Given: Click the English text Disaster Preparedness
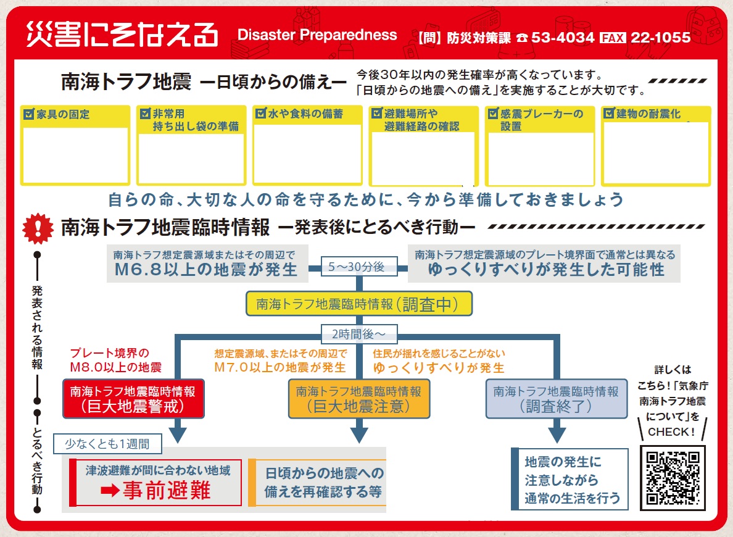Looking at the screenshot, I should (x=317, y=35).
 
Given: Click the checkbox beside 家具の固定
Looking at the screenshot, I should (x=28, y=114).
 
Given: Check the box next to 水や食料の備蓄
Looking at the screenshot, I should (x=261, y=114).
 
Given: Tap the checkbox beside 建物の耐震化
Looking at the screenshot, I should (x=610, y=114).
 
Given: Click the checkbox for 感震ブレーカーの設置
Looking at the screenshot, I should (x=493, y=114).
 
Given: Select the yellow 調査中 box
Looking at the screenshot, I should (x=359, y=304).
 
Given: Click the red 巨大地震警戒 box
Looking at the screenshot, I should (x=133, y=399).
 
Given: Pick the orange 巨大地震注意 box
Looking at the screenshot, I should (x=358, y=399).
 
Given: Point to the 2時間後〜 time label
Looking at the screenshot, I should (x=358, y=334).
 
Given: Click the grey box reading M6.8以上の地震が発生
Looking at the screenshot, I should (x=207, y=264).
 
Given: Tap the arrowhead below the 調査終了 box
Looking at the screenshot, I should (x=557, y=434).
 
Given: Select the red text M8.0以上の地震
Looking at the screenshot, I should (x=116, y=367).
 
